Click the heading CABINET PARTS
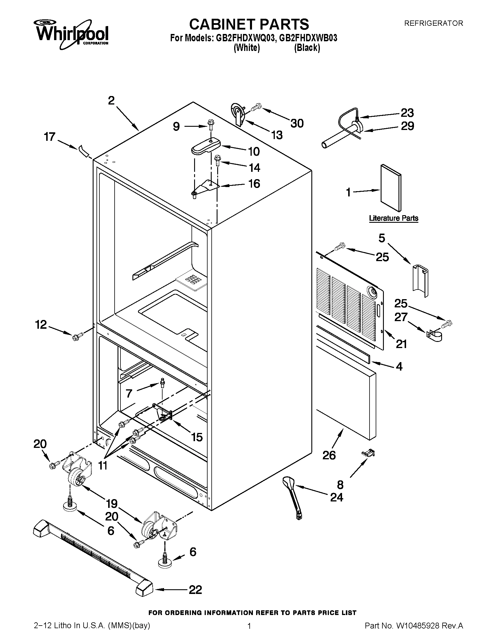(x=249, y=24)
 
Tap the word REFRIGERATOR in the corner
(x=433, y=23)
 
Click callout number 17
(x=49, y=137)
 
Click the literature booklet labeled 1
(x=390, y=188)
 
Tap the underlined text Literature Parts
(x=394, y=218)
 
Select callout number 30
(x=297, y=124)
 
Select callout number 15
(x=197, y=437)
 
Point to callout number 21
(x=401, y=344)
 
